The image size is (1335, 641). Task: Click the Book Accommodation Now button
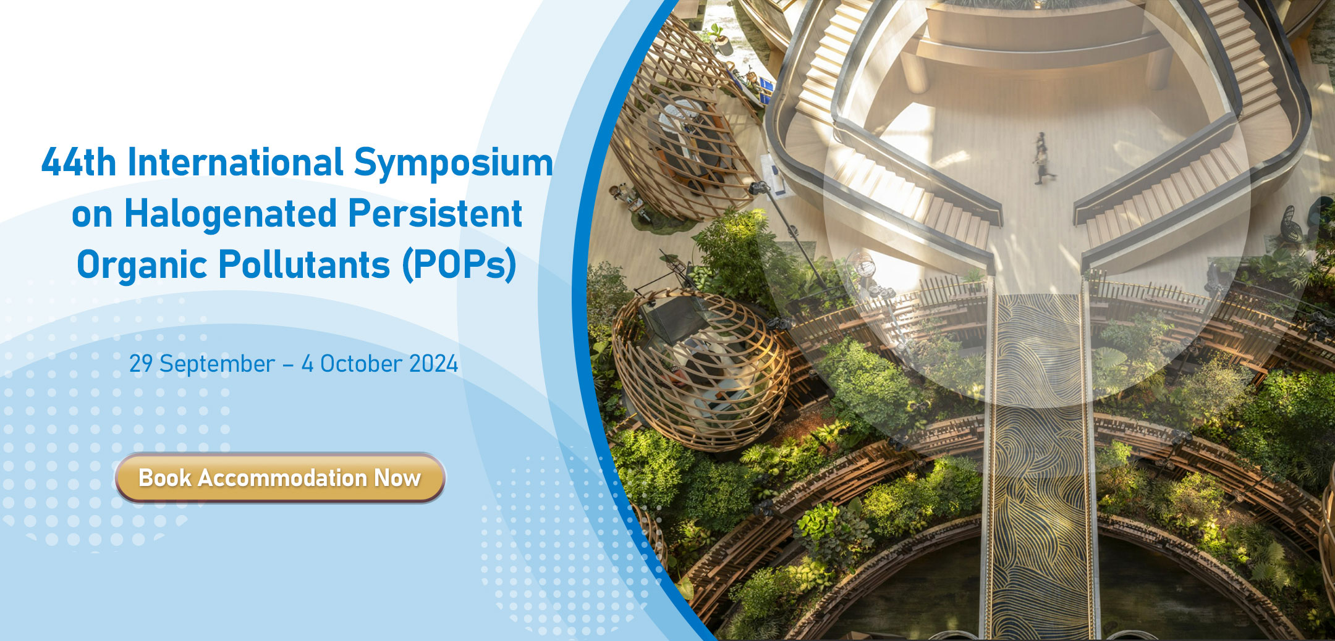[x=280, y=477]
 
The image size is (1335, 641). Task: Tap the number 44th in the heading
[x=78, y=162]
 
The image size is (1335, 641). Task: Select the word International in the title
[x=235, y=162]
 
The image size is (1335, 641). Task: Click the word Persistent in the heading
[x=435, y=214]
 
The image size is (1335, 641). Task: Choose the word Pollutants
[x=304, y=265]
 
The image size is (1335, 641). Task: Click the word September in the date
[x=217, y=364]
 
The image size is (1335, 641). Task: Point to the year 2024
[x=433, y=364]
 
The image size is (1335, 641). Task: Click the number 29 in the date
[x=141, y=364]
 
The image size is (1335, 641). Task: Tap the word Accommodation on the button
[x=282, y=478]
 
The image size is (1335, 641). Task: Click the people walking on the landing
[x=1043, y=157]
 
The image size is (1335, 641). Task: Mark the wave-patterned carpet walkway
[x=1038, y=463]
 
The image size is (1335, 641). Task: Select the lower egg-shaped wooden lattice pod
[x=701, y=369]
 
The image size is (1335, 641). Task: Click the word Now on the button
[x=397, y=478]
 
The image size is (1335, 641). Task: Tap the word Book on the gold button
[x=165, y=478]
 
